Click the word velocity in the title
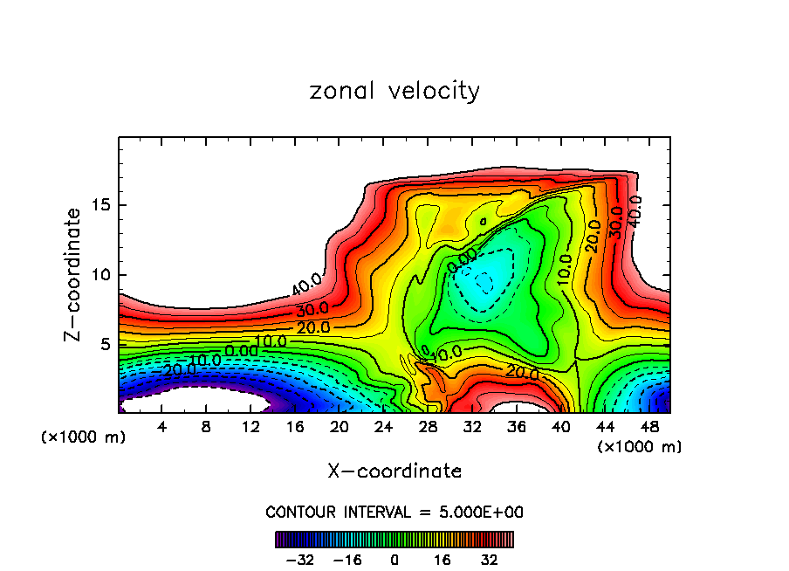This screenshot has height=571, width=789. pyautogui.click(x=433, y=91)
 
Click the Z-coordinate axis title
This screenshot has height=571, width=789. pyautogui.click(x=74, y=274)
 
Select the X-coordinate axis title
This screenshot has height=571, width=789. pyautogui.click(x=394, y=471)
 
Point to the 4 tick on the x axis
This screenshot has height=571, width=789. pyautogui.click(x=161, y=427)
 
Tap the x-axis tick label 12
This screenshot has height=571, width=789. pyautogui.click(x=250, y=427)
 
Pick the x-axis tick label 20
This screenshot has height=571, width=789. pyautogui.click(x=340, y=427)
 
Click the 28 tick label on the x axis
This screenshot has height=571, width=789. pyautogui.click(x=429, y=427)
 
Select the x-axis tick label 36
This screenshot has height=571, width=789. pyautogui.click(x=518, y=427)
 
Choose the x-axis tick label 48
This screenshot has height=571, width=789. pyautogui.click(x=650, y=427)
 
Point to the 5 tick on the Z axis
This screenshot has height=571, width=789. pyautogui.click(x=101, y=345)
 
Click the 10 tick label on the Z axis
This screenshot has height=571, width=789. pyautogui.click(x=96, y=275)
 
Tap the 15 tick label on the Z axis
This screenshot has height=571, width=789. pyautogui.click(x=96, y=205)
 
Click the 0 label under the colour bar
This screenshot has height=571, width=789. pyautogui.click(x=394, y=559)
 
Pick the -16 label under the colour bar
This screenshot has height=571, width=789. pyautogui.click(x=347, y=559)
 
